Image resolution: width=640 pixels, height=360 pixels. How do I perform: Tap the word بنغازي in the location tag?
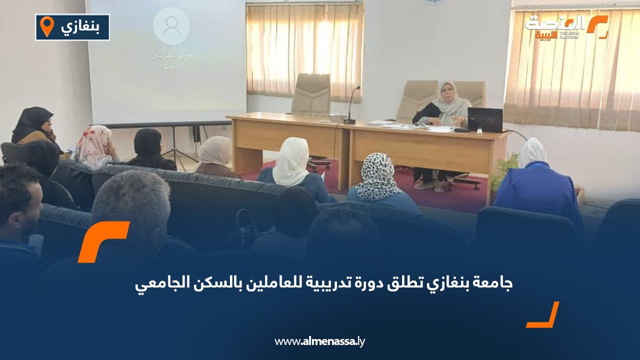80,27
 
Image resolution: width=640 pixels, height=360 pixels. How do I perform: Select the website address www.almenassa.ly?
320,341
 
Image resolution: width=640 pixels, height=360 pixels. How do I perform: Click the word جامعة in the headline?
492,283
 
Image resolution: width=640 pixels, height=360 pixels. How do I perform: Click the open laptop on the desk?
484,120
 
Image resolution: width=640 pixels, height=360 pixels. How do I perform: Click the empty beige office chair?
310,95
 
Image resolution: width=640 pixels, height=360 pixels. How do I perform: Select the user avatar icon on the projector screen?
171,25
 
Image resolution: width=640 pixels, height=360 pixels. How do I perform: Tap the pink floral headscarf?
94,145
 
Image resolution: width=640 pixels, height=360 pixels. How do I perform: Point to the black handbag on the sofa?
242,230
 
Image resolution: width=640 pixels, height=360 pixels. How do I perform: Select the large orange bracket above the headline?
102,240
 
